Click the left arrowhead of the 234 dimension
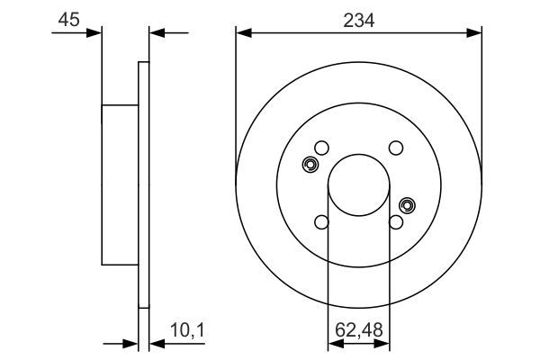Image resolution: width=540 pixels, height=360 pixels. click(241, 33)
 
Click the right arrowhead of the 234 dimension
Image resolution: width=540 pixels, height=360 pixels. click(477, 33)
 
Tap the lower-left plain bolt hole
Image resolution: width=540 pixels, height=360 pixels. click(322, 222)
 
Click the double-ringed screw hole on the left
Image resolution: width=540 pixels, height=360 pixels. click(310, 165)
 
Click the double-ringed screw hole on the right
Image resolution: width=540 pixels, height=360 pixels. click(407, 205)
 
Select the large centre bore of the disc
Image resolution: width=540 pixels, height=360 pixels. click(358, 185)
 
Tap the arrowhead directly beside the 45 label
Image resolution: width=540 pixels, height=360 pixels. click(95, 33)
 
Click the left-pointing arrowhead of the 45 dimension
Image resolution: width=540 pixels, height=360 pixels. click(154, 33)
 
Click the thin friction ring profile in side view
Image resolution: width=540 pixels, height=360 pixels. click(142, 184)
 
